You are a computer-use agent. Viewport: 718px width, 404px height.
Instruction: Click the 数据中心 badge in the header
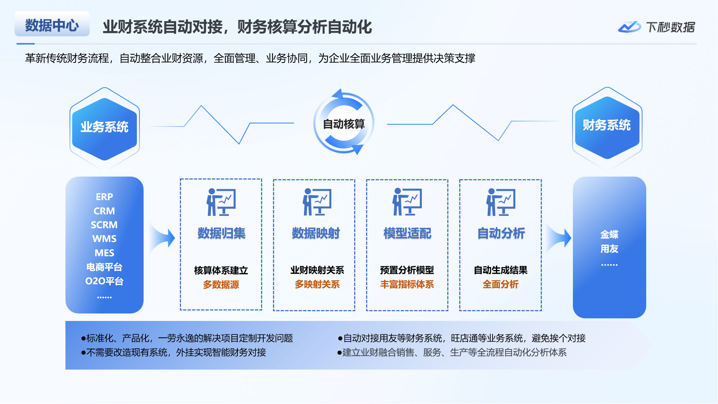coord(52,25)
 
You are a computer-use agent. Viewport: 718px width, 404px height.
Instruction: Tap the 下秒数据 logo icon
coord(629,27)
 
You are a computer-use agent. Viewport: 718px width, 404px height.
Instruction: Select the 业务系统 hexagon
coord(105,127)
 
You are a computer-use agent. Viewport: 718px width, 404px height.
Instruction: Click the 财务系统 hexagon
coord(607,126)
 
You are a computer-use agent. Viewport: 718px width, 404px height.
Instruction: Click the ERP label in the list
coord(104,197)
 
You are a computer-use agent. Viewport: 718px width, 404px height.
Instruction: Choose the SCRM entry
coord(104,225)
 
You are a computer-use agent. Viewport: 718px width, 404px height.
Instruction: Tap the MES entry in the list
coord(104,253)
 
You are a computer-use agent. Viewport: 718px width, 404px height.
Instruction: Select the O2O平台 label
coord(104,281)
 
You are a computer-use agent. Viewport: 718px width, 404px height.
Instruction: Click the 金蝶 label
coord(609,235)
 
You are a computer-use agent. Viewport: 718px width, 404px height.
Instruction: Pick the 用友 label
coord(609,249)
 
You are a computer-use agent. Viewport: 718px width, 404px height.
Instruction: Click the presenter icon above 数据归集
coord(221,202)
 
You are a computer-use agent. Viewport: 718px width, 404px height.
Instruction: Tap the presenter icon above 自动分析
coord(501,202)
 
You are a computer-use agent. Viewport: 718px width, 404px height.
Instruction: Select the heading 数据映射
coord(316,233)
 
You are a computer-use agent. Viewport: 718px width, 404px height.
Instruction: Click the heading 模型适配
coord(407,233)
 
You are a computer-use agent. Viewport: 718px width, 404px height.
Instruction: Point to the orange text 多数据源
coord(221,285)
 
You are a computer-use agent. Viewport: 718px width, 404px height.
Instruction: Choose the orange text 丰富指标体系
coord(407,284)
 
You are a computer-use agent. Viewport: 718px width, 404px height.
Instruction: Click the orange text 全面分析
coord(500,284)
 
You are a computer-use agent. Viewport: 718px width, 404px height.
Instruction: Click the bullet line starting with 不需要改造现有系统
coord(174,352)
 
